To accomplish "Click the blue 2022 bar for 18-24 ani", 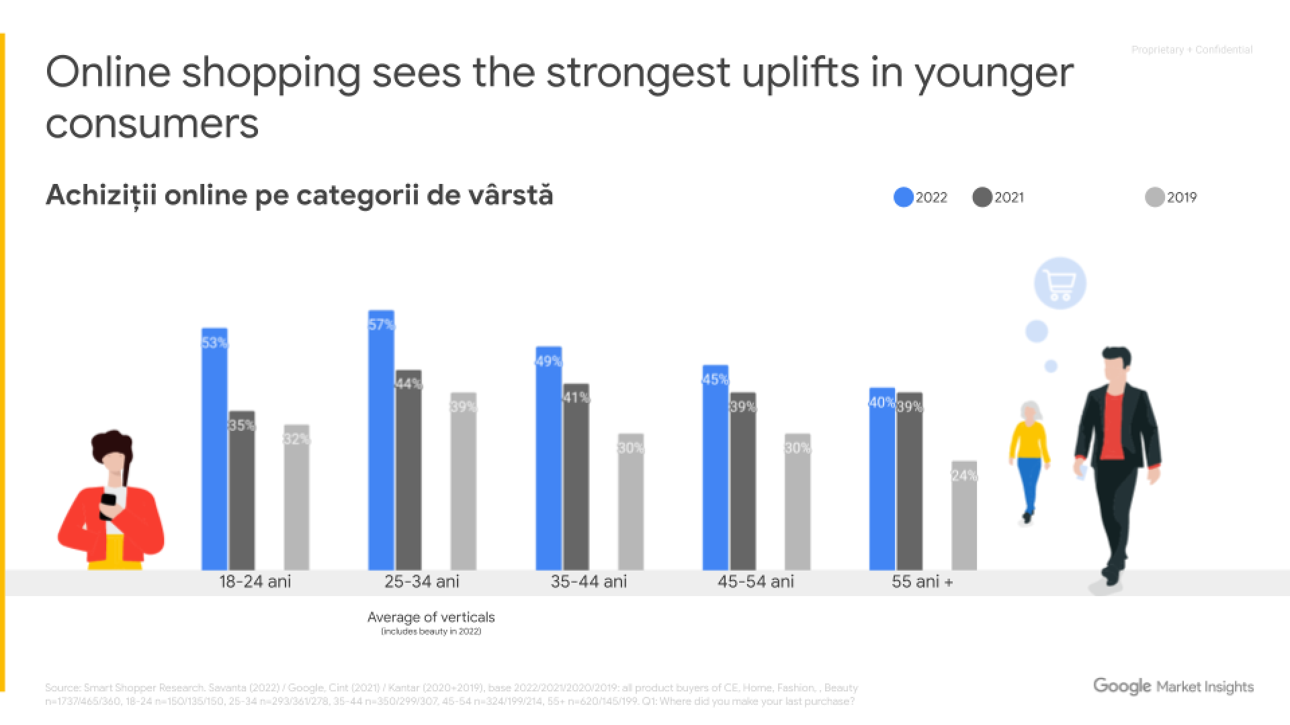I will (x=214, y=450).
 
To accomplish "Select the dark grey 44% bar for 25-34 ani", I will (x=408, y=470).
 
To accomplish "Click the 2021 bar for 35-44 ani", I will (x=576, y=477).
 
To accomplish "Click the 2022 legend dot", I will (x=904, y=197).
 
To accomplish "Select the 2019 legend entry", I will (x=1171, y=197).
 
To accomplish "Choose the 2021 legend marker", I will (x=982, y=197).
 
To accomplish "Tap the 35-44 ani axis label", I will (x=589, y=582).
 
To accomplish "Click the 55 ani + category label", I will (x=922, y=582).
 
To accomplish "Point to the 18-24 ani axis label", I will (x=255, y=582).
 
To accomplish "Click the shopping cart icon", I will (x=1060, y=284).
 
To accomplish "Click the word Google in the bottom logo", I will (x=1122, y=686).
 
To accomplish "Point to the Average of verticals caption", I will (x=431, y=617).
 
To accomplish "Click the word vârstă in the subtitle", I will (x=513, y=195).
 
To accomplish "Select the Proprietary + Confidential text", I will (x=1192, y=50).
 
